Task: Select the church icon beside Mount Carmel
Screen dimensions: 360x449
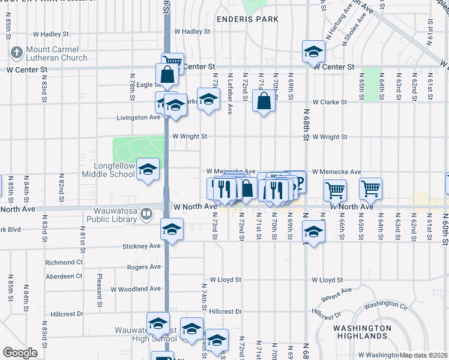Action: (17, 53)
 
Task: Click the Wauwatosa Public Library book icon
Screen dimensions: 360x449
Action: (146, 214)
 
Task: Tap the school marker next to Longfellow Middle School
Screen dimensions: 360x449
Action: (148, 170)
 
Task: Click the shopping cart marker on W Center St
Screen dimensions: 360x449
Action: (172, 62)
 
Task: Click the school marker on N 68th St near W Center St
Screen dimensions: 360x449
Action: (313, 52)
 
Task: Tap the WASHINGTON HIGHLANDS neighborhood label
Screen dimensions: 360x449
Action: (363, 333)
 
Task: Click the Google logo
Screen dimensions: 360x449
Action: (20, 353)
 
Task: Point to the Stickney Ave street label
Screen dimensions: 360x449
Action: (141, 246)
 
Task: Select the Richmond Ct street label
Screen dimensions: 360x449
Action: (64, 263)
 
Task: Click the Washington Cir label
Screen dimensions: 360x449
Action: (386, 305)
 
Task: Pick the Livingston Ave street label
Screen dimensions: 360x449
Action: (138, 118)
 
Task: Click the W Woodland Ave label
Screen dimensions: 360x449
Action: (136, 289)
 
